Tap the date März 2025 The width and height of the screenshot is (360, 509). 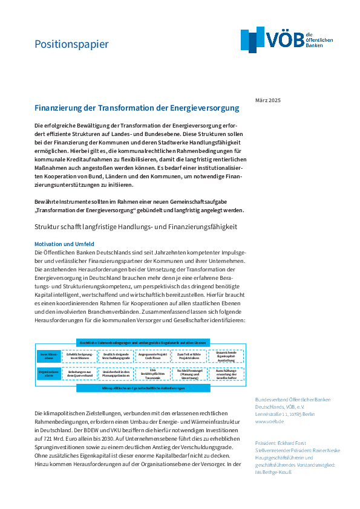tap(267, 100)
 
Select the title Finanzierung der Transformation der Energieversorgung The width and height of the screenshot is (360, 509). tap(137, 108)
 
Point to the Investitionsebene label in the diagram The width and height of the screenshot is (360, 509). tap(48, 355)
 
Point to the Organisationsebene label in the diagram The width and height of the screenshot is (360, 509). tap(48, 374)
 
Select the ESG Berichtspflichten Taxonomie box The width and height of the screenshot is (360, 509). tap(152, 374)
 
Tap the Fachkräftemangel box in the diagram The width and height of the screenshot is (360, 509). tap(189, 374)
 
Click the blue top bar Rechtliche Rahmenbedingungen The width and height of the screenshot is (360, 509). tap(143, 342)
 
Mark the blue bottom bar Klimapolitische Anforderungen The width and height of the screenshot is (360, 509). tap(143, 387)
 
